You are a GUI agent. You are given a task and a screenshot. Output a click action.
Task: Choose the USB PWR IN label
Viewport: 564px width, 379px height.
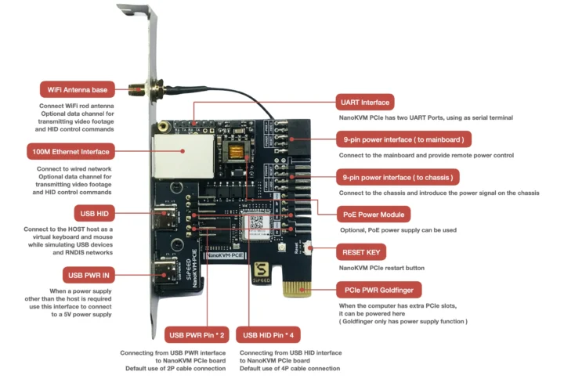(88, 274)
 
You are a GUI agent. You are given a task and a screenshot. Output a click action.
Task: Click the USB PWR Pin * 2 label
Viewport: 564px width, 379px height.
(196, 335)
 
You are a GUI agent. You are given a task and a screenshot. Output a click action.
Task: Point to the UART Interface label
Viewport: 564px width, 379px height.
(364, 103)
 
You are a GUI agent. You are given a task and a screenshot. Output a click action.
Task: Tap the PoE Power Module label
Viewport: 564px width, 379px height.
(375, 214)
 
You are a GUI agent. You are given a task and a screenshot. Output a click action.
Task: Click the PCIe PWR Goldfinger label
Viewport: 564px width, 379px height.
(379, 288)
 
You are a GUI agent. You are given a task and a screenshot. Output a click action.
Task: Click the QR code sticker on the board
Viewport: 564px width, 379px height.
(256, 222)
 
